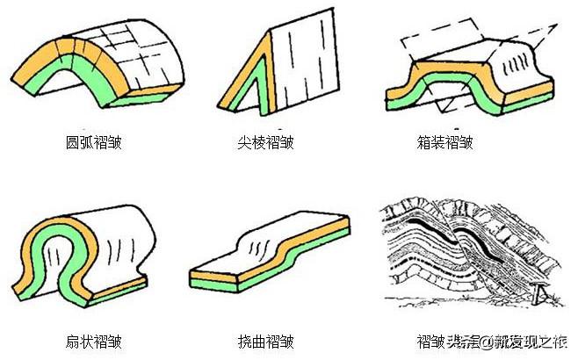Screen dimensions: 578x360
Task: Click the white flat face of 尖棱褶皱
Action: tap(303, 66)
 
